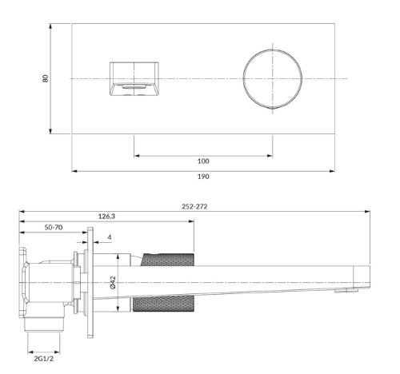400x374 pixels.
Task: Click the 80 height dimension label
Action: coord(45,79)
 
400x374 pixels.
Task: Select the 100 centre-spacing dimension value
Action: coord(203,161)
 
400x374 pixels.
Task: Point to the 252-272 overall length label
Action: coord(195,206)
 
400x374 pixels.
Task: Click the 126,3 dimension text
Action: coord(106,215)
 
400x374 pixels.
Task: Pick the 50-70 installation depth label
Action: coord(54,228)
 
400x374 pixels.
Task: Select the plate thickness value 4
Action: coord(109,237)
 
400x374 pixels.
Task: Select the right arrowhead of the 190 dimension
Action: coord(334,170)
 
